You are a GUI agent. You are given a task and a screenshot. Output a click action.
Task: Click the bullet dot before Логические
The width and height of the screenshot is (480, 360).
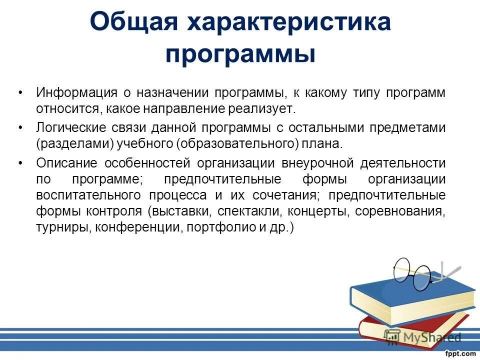(x=20, y=128)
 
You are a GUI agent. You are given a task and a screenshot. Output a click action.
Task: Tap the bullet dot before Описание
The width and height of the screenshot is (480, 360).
(x=20, y=163)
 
